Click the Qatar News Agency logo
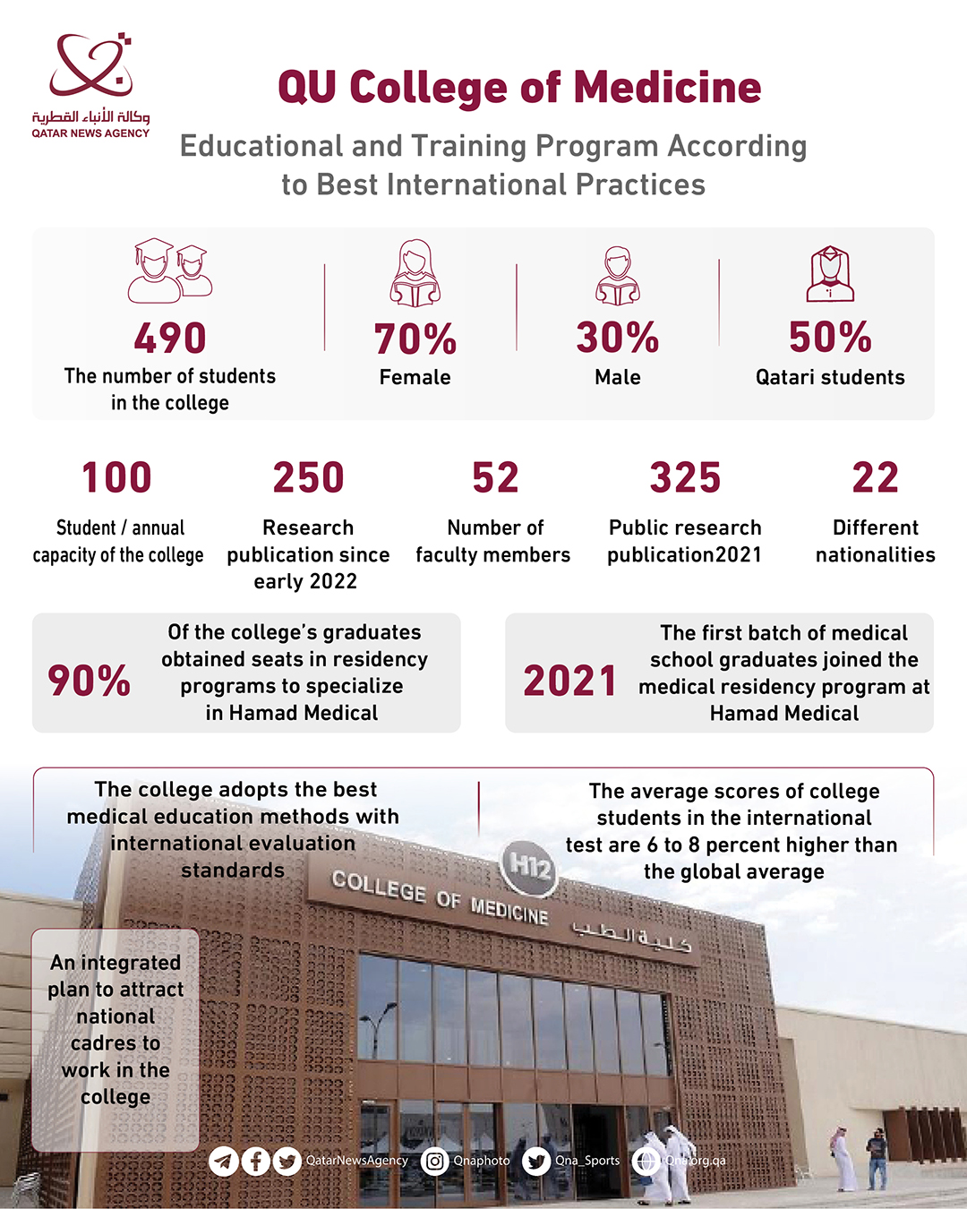pos(90,85)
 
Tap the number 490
pos(170,339)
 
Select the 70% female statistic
pos(415,339)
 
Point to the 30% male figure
pos(618,338)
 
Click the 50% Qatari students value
pos(830,338)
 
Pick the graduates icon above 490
pos(170,270)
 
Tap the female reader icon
pos(415,273)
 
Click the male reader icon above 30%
pos(618,275)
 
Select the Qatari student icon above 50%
pos(830,274)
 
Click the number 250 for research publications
pos(309,477)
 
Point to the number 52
pos(495,477)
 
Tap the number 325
pos(685,477)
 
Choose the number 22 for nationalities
pos(875,477)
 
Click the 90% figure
pos(89,681)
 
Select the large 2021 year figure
pos(570,681)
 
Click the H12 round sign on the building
pos(529,866)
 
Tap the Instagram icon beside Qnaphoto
pos(435,1162)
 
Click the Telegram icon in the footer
pos(224,1162)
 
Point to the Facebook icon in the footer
pos(255,1162)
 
